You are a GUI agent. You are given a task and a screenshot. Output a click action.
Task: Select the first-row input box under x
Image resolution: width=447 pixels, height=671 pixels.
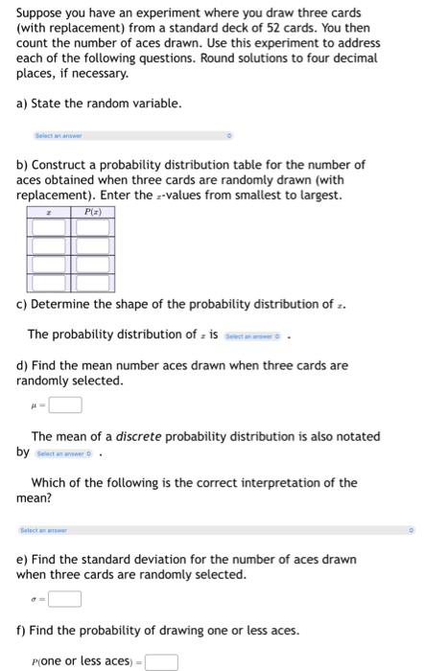point(50,227)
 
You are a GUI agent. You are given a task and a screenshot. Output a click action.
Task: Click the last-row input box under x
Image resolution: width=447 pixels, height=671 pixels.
point(50,283)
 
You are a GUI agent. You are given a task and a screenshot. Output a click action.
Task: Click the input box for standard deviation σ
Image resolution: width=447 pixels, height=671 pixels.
point(65,600)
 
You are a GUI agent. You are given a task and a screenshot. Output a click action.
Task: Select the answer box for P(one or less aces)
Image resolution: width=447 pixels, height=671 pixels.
point(161,660)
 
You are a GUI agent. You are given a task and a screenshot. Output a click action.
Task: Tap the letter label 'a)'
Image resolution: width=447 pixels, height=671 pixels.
point(23,104)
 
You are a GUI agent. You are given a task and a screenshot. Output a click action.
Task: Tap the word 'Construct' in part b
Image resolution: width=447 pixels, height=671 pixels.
point(63,165)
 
